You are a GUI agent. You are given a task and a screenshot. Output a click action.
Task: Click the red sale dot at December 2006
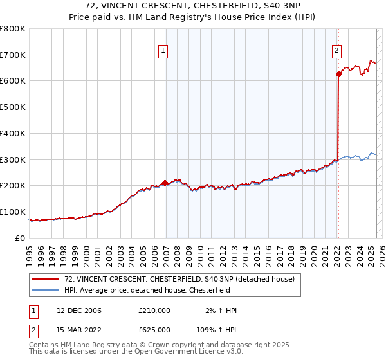click(x=165, y=183)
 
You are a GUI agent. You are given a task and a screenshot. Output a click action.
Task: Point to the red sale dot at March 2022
click(x=338, y=74)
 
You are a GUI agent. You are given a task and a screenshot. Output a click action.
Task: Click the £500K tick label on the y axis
click(x=12, y=107)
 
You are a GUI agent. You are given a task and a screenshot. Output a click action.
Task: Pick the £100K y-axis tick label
click(x=12, y=212)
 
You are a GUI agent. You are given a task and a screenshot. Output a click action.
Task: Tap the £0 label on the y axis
click(x=20, y=238)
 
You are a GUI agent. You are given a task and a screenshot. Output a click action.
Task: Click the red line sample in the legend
click(x=46, y=279)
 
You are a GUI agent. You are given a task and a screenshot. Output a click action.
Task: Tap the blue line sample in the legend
click(x=46, y=289)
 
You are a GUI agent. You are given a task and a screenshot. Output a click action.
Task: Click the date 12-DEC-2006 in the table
click(x=79, y=310)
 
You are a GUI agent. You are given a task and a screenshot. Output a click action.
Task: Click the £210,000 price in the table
click(x=154, y=310)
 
